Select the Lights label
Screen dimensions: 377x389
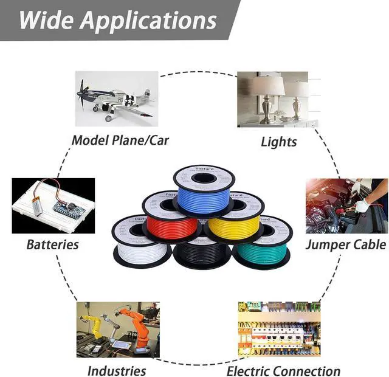point(279,142)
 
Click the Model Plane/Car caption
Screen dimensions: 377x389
point(120,140)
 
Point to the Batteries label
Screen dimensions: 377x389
point(52,245)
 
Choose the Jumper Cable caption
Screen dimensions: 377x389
point(345,244)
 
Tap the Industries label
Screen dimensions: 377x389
point(117,370)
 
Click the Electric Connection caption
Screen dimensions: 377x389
point(283,371)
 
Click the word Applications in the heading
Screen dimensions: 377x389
point(149,20)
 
